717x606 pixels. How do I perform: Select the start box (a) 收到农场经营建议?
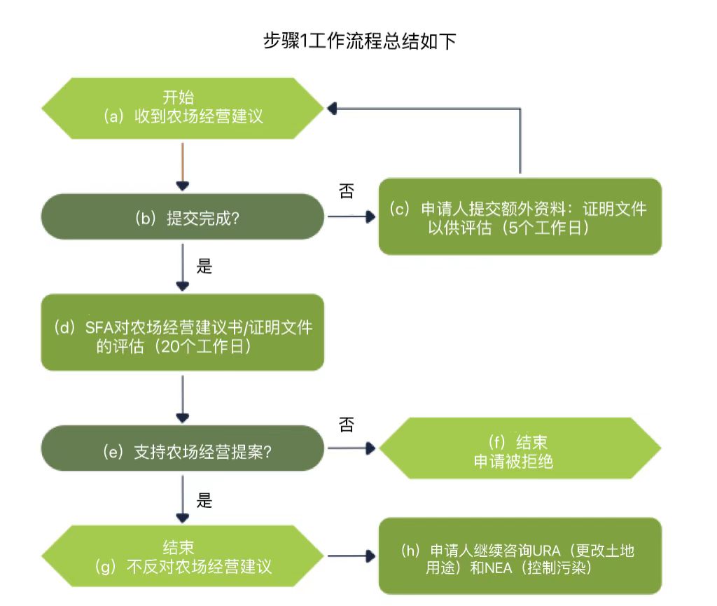pyautogui.click(x=183, y=108)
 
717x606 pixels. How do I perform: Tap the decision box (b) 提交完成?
pyautogui.click(x=183, y=217)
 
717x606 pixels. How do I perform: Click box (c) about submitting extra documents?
pyautogui.click(x=520, y=216)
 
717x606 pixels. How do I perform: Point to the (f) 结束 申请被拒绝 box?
pyautogui.click(x=520, y=448)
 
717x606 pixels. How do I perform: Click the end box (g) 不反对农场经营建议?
pyautogui.click(x=183, y=556)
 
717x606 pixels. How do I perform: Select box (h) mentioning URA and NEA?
pyautogui.click(x=520, y=556)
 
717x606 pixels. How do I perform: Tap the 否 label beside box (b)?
pyautogui.click(x=346, y=192)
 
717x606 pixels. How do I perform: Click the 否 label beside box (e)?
pyautogui.click(x=346, y=425)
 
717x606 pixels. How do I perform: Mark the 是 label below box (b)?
pyautogui.click(x=204, y=267)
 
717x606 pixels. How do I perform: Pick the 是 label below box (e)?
pyautogui.click(x=204, y=500)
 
